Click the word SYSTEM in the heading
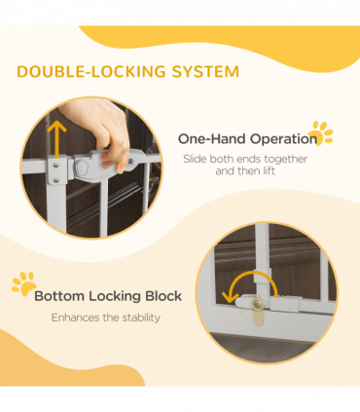[205, 71]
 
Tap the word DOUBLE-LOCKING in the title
[91, 71]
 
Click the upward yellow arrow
[56, 139]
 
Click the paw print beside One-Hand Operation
[321, 133]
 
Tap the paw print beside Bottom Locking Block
[23, 283]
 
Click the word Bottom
[59, 296]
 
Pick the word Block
[163, 296]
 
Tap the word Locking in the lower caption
[115, 297]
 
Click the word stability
[141, 318]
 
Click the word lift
[269, 170]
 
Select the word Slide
[195, 159]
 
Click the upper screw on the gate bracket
[56, 166]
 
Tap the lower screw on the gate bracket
[56, 179]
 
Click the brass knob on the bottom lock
[258, 304]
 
